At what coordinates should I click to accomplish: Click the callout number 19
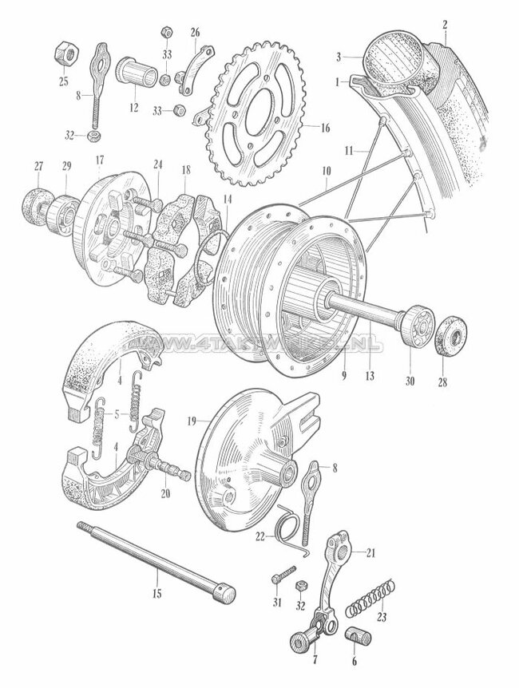pyautogui.click(x=192, y=420)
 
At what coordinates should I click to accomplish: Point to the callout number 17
pyautogui.click(x=100, y=160)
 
